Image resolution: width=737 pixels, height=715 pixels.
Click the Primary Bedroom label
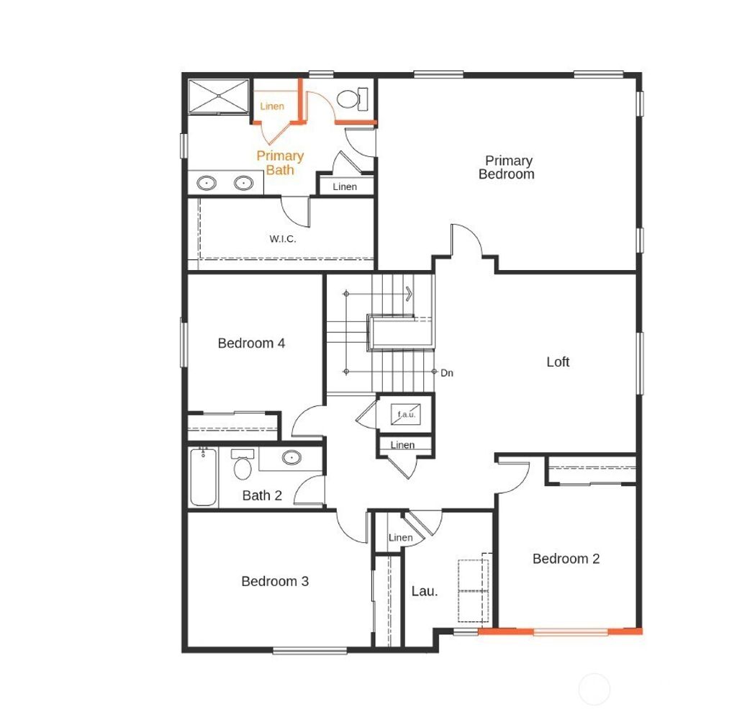[x=507, y=167]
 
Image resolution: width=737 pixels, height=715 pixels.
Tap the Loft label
[x=558, y=361]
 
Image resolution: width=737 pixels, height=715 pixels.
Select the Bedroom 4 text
[x=251, y=343]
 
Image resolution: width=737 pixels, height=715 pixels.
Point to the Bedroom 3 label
[x=275, y=581]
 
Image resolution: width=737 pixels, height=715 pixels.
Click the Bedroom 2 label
[x=566, y=559]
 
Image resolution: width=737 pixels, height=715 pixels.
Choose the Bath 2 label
[x=261, y=495]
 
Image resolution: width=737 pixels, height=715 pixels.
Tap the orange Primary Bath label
[x=280, y=163]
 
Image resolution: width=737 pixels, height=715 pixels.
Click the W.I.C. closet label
[x=283, y=239]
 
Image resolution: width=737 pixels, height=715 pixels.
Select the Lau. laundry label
[x=425, y=591]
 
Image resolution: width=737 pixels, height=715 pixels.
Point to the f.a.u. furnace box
[x=405, y=415]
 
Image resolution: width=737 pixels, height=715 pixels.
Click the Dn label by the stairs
[x=447, y=373]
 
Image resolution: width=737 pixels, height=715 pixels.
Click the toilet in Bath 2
[x=243, y=465]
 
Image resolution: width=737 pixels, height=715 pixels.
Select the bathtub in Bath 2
[x=203, y=476]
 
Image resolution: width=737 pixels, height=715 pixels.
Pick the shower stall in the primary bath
[x=217, y=96]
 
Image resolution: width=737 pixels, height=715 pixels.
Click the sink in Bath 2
[x=291, y=457]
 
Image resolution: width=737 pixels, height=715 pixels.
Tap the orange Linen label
[x=272, y=107]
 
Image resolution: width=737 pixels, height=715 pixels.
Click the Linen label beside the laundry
[x=401, y=538]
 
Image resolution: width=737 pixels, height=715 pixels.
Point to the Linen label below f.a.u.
[x=403, y=445]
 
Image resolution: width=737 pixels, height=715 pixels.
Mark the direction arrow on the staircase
[x=409, y=293]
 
